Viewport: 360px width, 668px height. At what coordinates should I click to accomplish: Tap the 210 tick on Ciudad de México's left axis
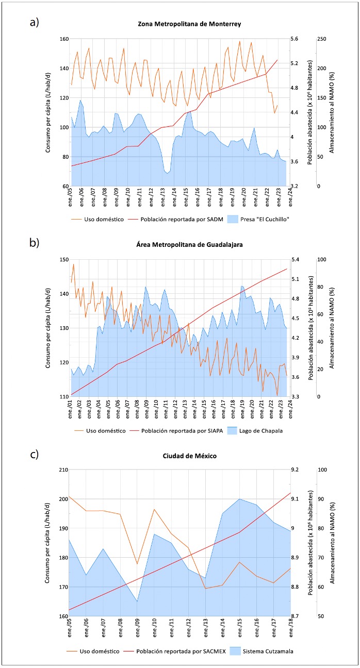coord(64,470)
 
